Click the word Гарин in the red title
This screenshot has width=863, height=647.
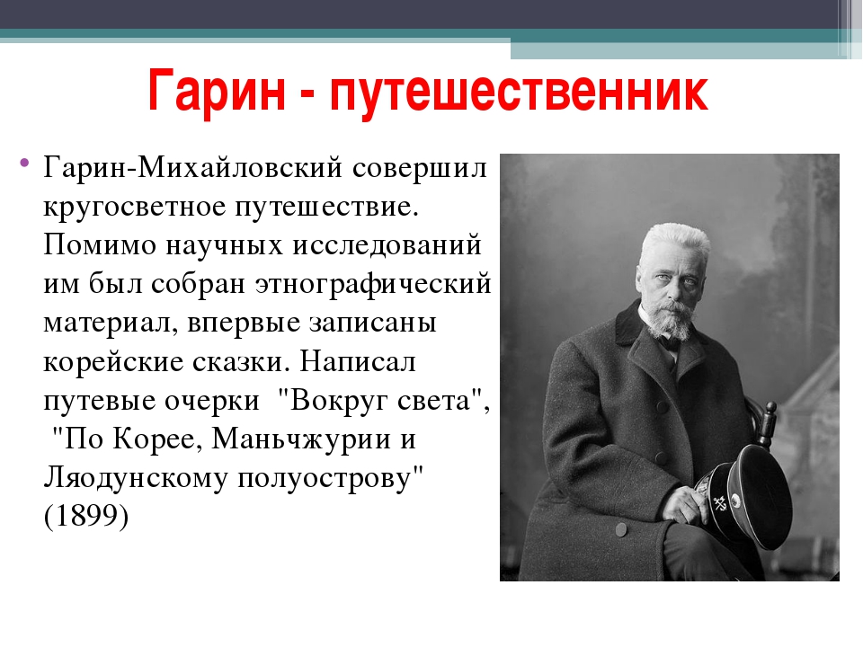point(217,90)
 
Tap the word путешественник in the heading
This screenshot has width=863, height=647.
point(519,90)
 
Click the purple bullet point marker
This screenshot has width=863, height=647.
point(23,163)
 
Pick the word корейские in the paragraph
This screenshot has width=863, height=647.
point(113,362)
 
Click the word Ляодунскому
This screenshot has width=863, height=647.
point(136,477)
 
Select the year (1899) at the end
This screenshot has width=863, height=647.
point(86,516)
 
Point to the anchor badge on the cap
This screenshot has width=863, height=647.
point(720,503)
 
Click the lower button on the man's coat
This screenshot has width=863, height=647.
point(621,530)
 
